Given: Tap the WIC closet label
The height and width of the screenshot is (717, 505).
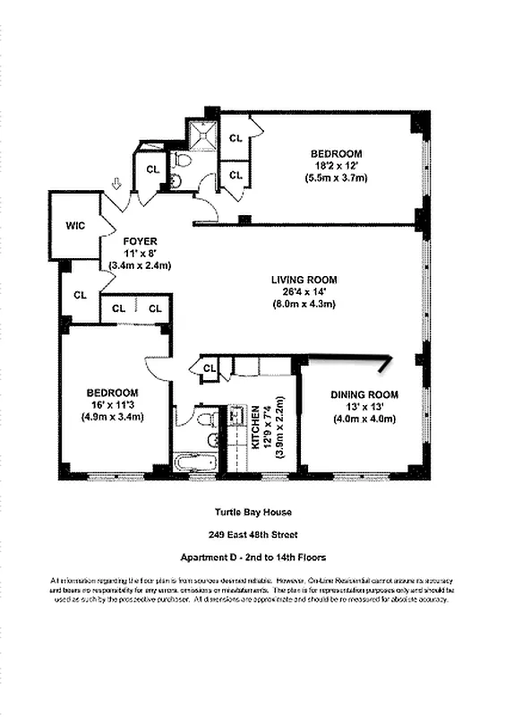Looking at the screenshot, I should click(x=75, y=226).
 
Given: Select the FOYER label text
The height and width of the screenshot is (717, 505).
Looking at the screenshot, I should click(x=140, y=242).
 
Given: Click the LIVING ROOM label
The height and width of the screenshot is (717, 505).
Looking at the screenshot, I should click(x=304, y=280).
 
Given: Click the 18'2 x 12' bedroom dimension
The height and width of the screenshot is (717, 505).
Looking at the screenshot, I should click(x=336, y=166).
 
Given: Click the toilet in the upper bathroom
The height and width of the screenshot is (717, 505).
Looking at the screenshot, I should click(x=183, y=161).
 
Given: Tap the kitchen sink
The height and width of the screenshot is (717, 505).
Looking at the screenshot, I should click(x=235, y=417).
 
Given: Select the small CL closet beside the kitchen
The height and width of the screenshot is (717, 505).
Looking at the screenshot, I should click(x=210, y=367).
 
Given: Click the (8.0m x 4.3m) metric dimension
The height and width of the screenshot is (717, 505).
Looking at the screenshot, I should click(x=304, y=304).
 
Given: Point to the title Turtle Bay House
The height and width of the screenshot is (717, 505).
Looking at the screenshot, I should click(x=252, y=513).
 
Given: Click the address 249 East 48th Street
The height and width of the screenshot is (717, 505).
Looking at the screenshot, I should click(x=252, y=535).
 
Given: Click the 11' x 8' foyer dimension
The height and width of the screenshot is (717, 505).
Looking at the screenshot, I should click(x=140, y=254).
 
